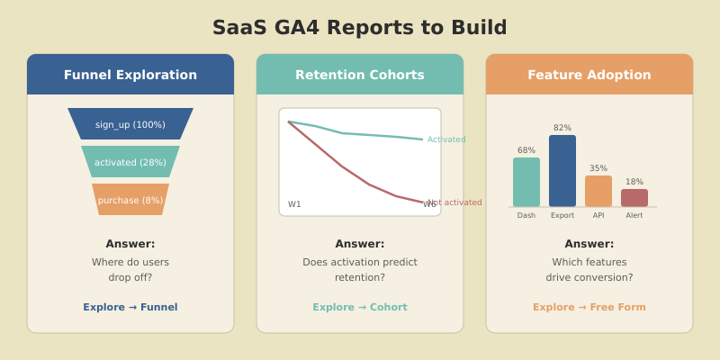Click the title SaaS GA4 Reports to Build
pos(360,28)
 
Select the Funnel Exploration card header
pos(130,75)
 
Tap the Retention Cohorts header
pos(360,75)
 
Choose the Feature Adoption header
pos(589,75)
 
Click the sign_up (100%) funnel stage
pos(130,124)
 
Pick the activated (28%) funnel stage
pos(130,162)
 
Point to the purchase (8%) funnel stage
pos(130,200)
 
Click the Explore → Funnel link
pos(130,307)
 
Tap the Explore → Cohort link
pos(360,307)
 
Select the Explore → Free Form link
pos(589,307)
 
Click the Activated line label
pos(446,139)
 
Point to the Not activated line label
pos(456,202)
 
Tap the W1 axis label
pos(294,204)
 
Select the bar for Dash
pos(526,183)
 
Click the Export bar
pos(562,171)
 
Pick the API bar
pos(598,192)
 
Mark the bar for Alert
pos(634,198)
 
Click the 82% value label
pos(562,128)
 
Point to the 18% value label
pos(634,182)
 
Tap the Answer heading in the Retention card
pos(360,244)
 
